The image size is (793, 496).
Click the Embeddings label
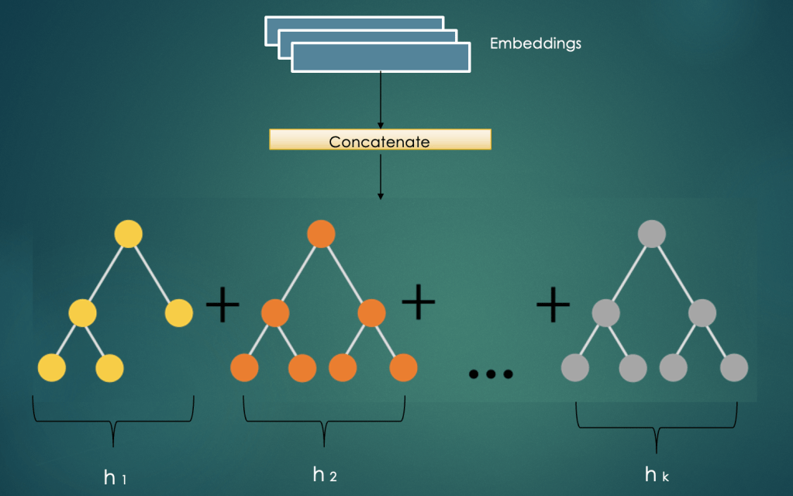point(535,44)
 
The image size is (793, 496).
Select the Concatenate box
point(380,139)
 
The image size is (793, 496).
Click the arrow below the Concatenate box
point(380,175)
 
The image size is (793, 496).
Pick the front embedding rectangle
point(381,58)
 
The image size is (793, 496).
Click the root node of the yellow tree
point(129,234)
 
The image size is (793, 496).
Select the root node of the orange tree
point(321,234)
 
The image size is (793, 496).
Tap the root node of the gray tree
point(652,234)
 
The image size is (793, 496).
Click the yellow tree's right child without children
point(178,313)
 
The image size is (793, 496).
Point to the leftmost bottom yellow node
point(52,367)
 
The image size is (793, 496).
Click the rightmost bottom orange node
point(403,367)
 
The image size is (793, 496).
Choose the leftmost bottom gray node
point(575,367)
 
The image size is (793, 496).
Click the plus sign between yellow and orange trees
point(222,305)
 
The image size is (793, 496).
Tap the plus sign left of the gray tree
point(553,305)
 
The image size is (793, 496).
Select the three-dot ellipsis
point(491,374)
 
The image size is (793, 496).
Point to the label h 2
point(325,474)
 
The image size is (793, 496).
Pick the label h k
point(656,475)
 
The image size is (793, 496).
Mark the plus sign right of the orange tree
point(419,302)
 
